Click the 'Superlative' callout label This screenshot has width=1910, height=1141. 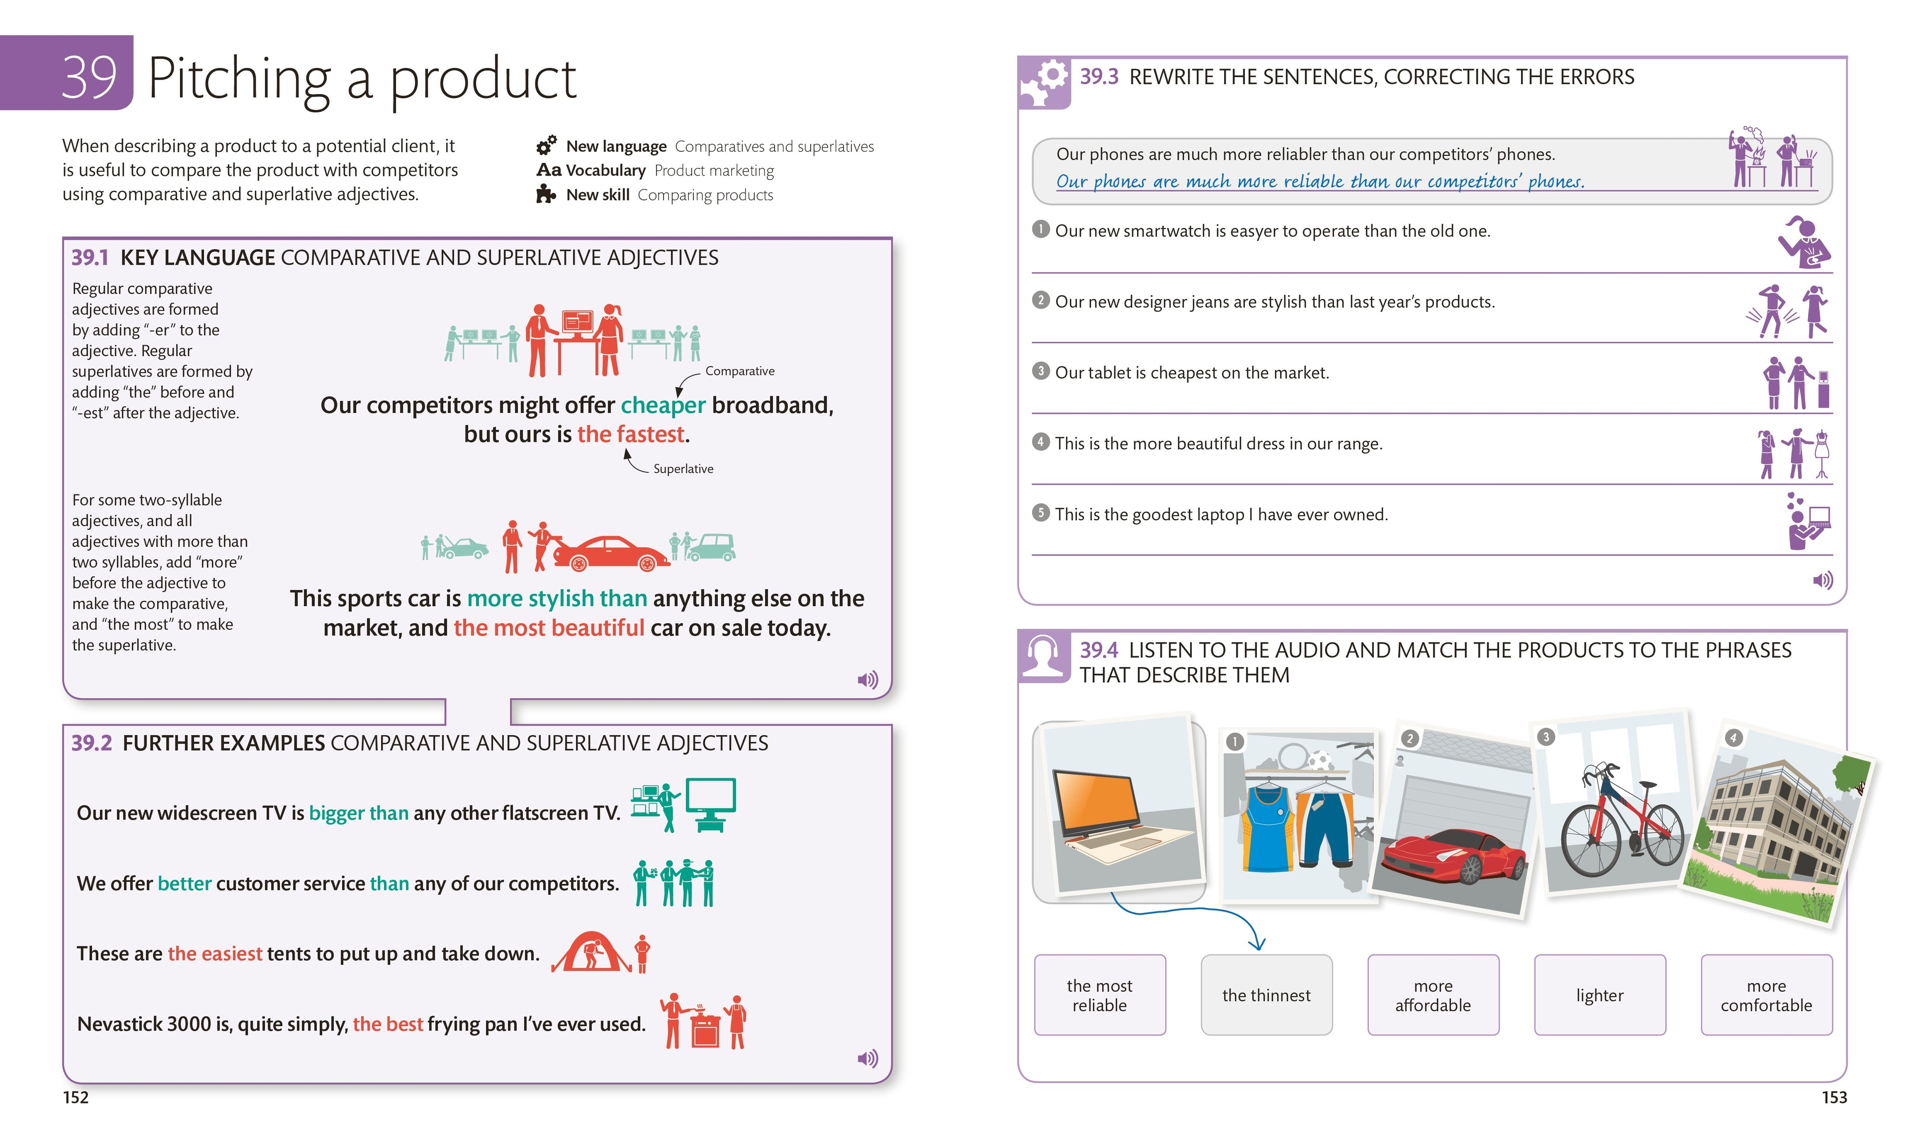pos(683,469)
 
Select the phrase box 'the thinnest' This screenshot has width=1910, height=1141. pos(1266,995)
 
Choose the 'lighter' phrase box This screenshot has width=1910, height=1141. pos(1599,995)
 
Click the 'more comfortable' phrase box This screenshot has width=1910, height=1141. pos(1766,995)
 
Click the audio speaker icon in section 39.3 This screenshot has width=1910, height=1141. pos(1822,580)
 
